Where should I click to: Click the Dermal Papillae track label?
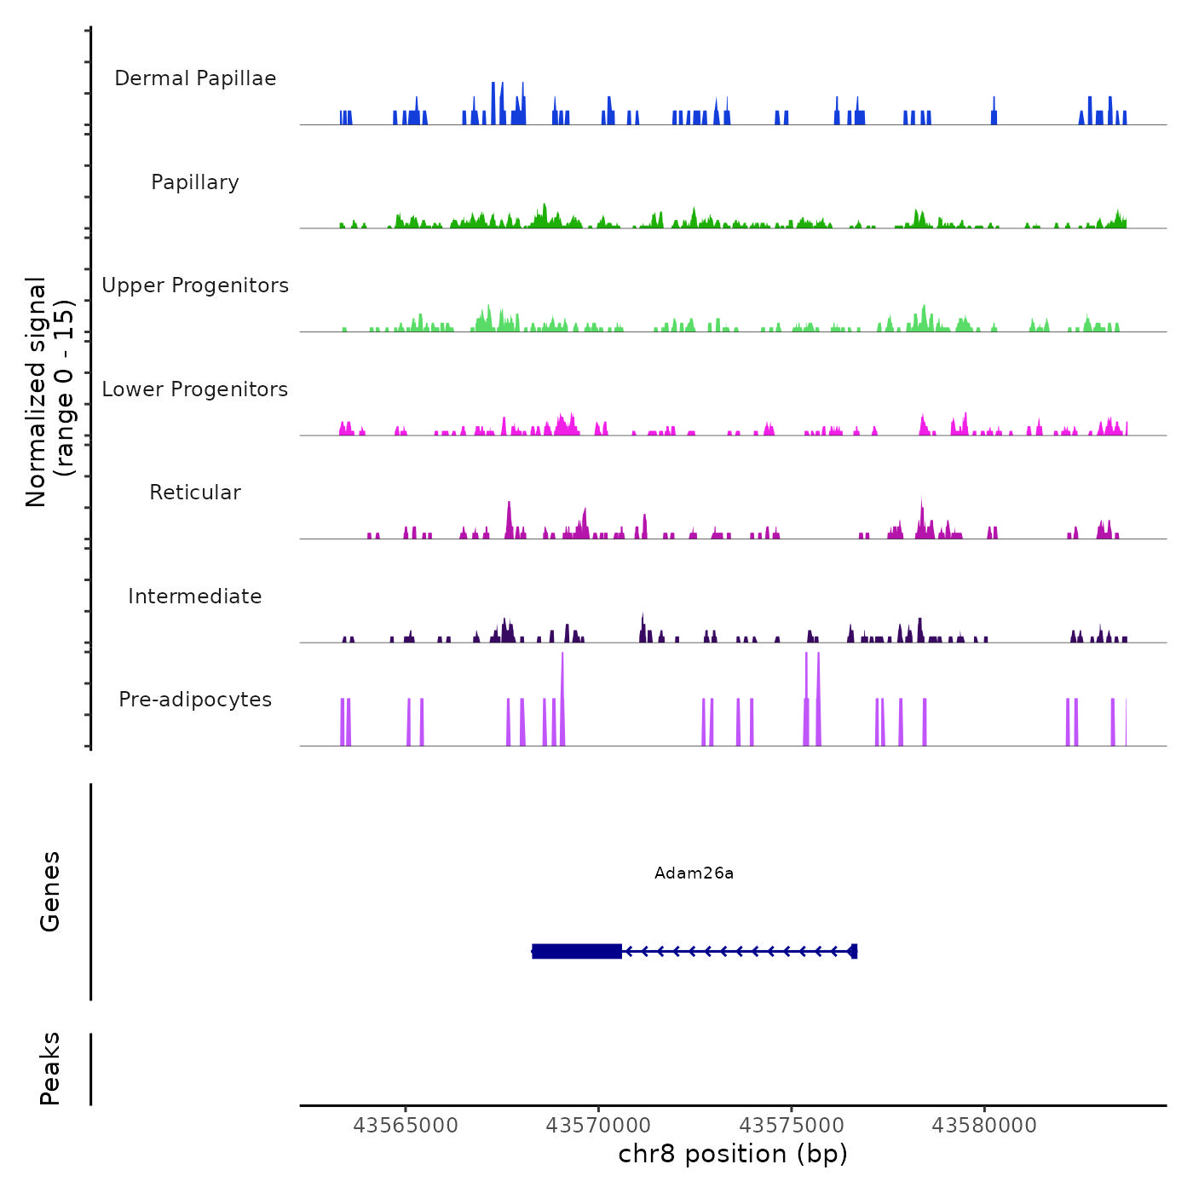pyautogui.click(x=195, y=78)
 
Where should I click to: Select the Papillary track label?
pyautogui.click(x=195, y=182)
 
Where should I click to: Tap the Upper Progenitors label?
pyautogui.click(x=195, y=285)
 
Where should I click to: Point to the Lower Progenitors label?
pyautogui.click(x=195, y=389)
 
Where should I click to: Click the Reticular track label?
pyautogui.click(x=195, y=493)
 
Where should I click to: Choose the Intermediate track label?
pyautogui.click(x=195, y=596)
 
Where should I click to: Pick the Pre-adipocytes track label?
pyautogui.click(x=195, y=700)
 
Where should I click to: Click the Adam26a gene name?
pyautogui.click(x=694, y=873)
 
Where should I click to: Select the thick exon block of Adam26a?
pyautogui.click(x=577, y=951)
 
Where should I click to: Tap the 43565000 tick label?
pyautogui.click(x=406, y=1125)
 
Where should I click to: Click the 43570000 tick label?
pyautogui.click(x=598, y=1125)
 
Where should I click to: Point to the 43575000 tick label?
pyautogui.click(x=792, y=1125)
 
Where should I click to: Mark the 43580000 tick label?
pyautogui.click(x=984, y=1125)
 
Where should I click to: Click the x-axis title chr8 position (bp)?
pyautogui.click(x=733, y=1154)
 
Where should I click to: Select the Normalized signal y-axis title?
pyautogui.click(x=49, y=391)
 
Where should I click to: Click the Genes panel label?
pyautogui.click(x=50, y=891)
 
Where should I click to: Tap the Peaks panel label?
pyautogui.click(x=50, y=1069)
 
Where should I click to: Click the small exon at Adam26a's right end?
pyautogui.click(x=854, y=951)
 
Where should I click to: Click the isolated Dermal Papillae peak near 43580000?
pyautogui.click(x=994, y=113)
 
